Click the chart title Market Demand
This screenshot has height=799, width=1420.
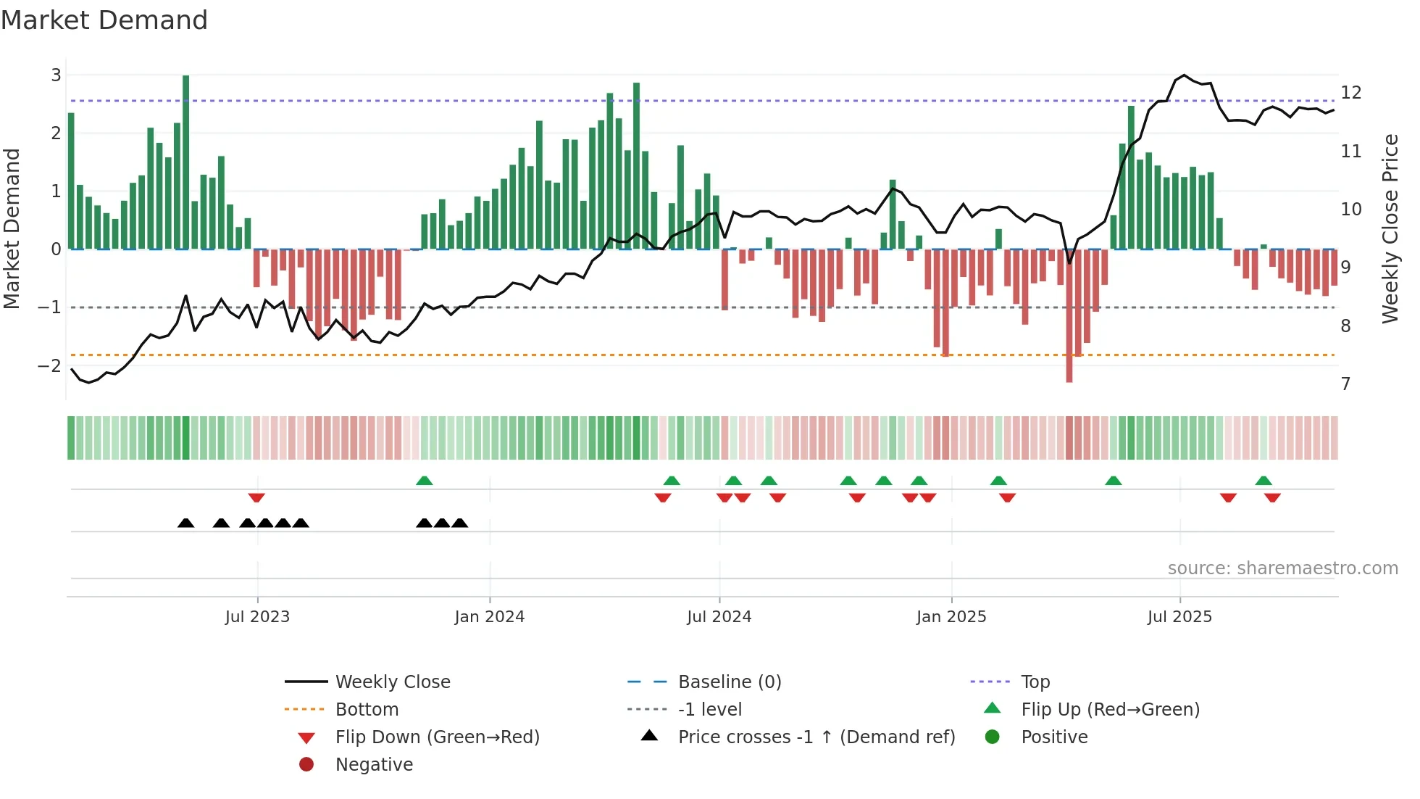click(x=104, y=20)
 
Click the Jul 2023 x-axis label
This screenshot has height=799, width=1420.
click(x=257, y=617)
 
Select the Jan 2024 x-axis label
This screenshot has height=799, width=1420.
click(x=490, y=617)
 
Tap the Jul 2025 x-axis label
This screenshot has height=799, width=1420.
click(x=1179, y=617)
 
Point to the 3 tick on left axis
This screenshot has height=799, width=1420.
click(x=56, y=75)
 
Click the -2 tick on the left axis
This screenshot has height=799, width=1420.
click(x=50, y=365)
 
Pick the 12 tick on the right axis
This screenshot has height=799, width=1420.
click(x=1351, y=93)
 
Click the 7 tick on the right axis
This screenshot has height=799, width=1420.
click(x=1346, y=384)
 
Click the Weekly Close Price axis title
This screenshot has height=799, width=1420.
click(x=1390, y=228)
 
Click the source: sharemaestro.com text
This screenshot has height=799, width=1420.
click(x=1282, y=568)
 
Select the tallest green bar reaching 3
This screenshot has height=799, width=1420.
click(x=186, y=161)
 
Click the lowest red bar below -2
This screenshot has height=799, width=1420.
click(x=1069, y=315)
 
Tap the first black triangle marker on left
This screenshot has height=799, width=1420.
click(x=186, y=523)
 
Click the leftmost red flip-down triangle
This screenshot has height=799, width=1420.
click(x=256, y=497)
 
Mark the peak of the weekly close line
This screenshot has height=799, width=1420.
click(x=1185, y=75)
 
